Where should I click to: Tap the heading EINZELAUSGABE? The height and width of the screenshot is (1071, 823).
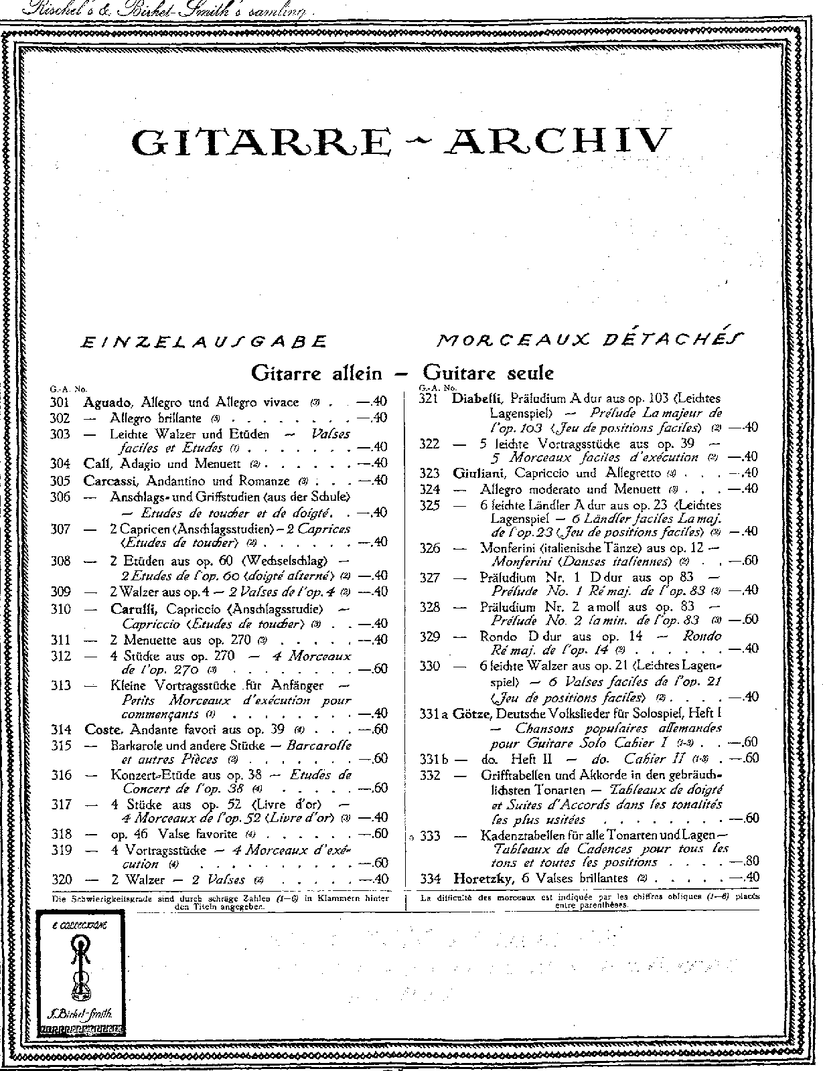click(204, 342)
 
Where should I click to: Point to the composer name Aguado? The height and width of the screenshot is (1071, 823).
click(109, 402)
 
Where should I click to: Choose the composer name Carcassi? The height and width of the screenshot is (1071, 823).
click(112, 481)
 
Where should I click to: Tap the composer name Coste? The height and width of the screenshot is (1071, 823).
click(104, 729)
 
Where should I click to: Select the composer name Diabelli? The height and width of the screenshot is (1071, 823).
click(477, 398)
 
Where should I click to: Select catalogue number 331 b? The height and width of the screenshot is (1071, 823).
click(435, 758)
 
